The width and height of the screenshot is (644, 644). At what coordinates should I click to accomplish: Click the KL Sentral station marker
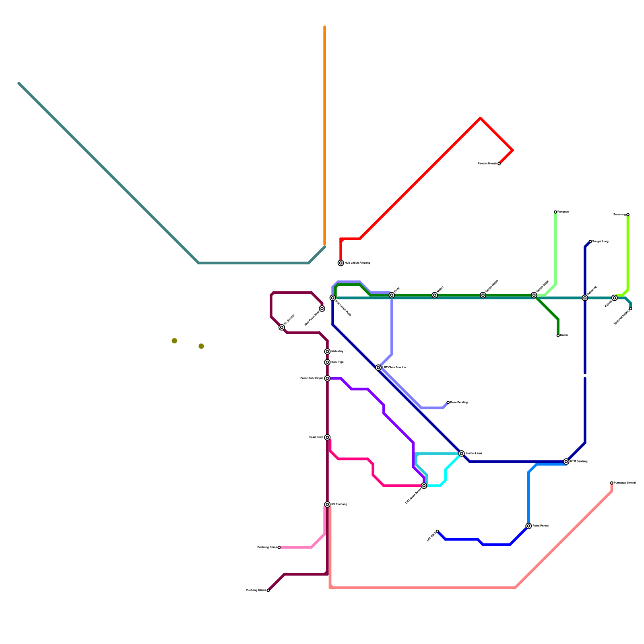pos(282,327)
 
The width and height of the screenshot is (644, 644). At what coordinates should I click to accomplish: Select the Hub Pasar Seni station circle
pos(322,309)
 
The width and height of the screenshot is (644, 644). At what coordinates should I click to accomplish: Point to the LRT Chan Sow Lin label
pos(394,367)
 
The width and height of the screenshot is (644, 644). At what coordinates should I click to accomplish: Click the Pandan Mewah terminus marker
pos(499,164)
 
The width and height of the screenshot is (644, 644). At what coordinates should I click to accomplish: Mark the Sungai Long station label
pos(600,242)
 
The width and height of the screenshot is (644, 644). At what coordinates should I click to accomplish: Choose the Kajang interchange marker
pos(614,298)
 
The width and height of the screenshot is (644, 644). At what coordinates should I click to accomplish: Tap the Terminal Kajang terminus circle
pos(631,309)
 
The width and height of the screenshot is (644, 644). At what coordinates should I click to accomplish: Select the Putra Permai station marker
pos(528,526)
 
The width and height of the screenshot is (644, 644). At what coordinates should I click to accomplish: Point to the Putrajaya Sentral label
pos(624,483)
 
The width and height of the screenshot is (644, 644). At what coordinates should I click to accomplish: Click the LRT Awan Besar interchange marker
pos(424,486)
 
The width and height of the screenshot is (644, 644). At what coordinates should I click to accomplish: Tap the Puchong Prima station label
pos(267,547)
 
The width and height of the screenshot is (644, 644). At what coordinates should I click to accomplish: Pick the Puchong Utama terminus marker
pos(268,590)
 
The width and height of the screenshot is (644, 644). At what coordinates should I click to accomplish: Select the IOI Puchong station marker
pos(328,504)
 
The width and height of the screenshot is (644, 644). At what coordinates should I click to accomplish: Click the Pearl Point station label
pos(316,437)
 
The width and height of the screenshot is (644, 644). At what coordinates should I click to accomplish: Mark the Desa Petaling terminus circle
pos(448,402)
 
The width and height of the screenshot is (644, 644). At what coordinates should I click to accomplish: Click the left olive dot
pos(174,341)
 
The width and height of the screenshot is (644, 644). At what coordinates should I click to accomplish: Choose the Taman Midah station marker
pos(483,295)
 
